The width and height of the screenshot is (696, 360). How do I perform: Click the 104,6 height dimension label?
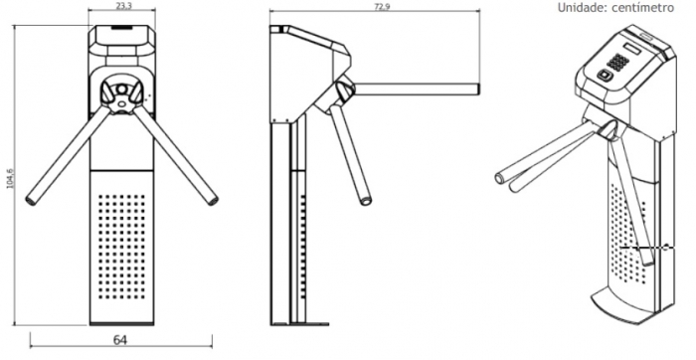(x=10, y=178)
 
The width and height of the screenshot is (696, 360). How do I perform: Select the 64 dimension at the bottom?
(x=120, y=340)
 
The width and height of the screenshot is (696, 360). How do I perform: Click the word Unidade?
(x=579, y=8)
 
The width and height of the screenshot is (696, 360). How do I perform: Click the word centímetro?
(x=642, y=8)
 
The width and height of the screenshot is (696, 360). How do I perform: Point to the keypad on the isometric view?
(x=617, y=62)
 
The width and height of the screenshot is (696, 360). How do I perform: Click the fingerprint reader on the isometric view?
(x=605, y=76)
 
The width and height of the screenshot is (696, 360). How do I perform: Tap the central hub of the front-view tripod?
(x=121, y=95)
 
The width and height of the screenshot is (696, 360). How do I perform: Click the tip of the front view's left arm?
(x=31, y=200)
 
